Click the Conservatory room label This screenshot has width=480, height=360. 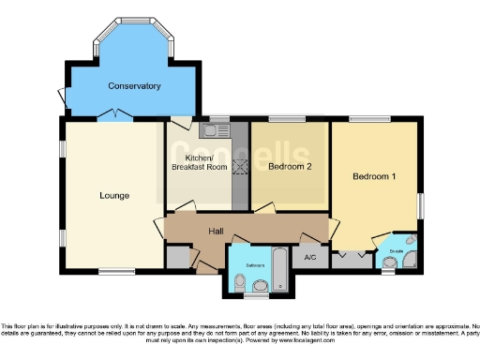[x=134, y=86]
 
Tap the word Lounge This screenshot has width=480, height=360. [x=114, y=196]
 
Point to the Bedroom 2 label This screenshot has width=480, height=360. [x=289, y=167]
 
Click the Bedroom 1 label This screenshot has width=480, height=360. [x=374, y=176]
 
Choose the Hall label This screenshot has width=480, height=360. [x=216, y=230]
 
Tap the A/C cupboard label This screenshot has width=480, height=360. [x=308, y=255]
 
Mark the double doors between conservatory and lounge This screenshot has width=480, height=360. [x=114, y=115]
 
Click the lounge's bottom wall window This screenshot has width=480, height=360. [x=116, y=273]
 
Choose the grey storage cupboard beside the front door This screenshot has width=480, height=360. [x=177, y=256]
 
